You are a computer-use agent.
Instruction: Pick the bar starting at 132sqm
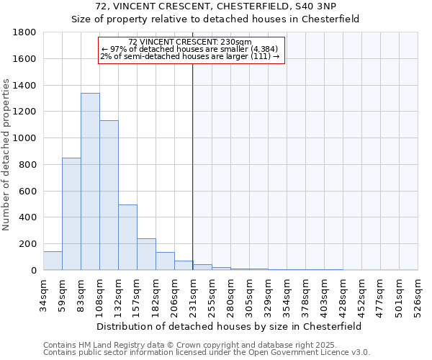point(127,238)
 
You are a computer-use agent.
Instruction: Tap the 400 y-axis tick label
point(28,217)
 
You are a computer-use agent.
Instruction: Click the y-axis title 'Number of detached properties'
point(7,151)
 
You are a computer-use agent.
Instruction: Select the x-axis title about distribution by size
point(230,326)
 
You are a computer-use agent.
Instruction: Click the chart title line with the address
point(215,7)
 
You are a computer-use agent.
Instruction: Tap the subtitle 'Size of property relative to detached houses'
point(215,19)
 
